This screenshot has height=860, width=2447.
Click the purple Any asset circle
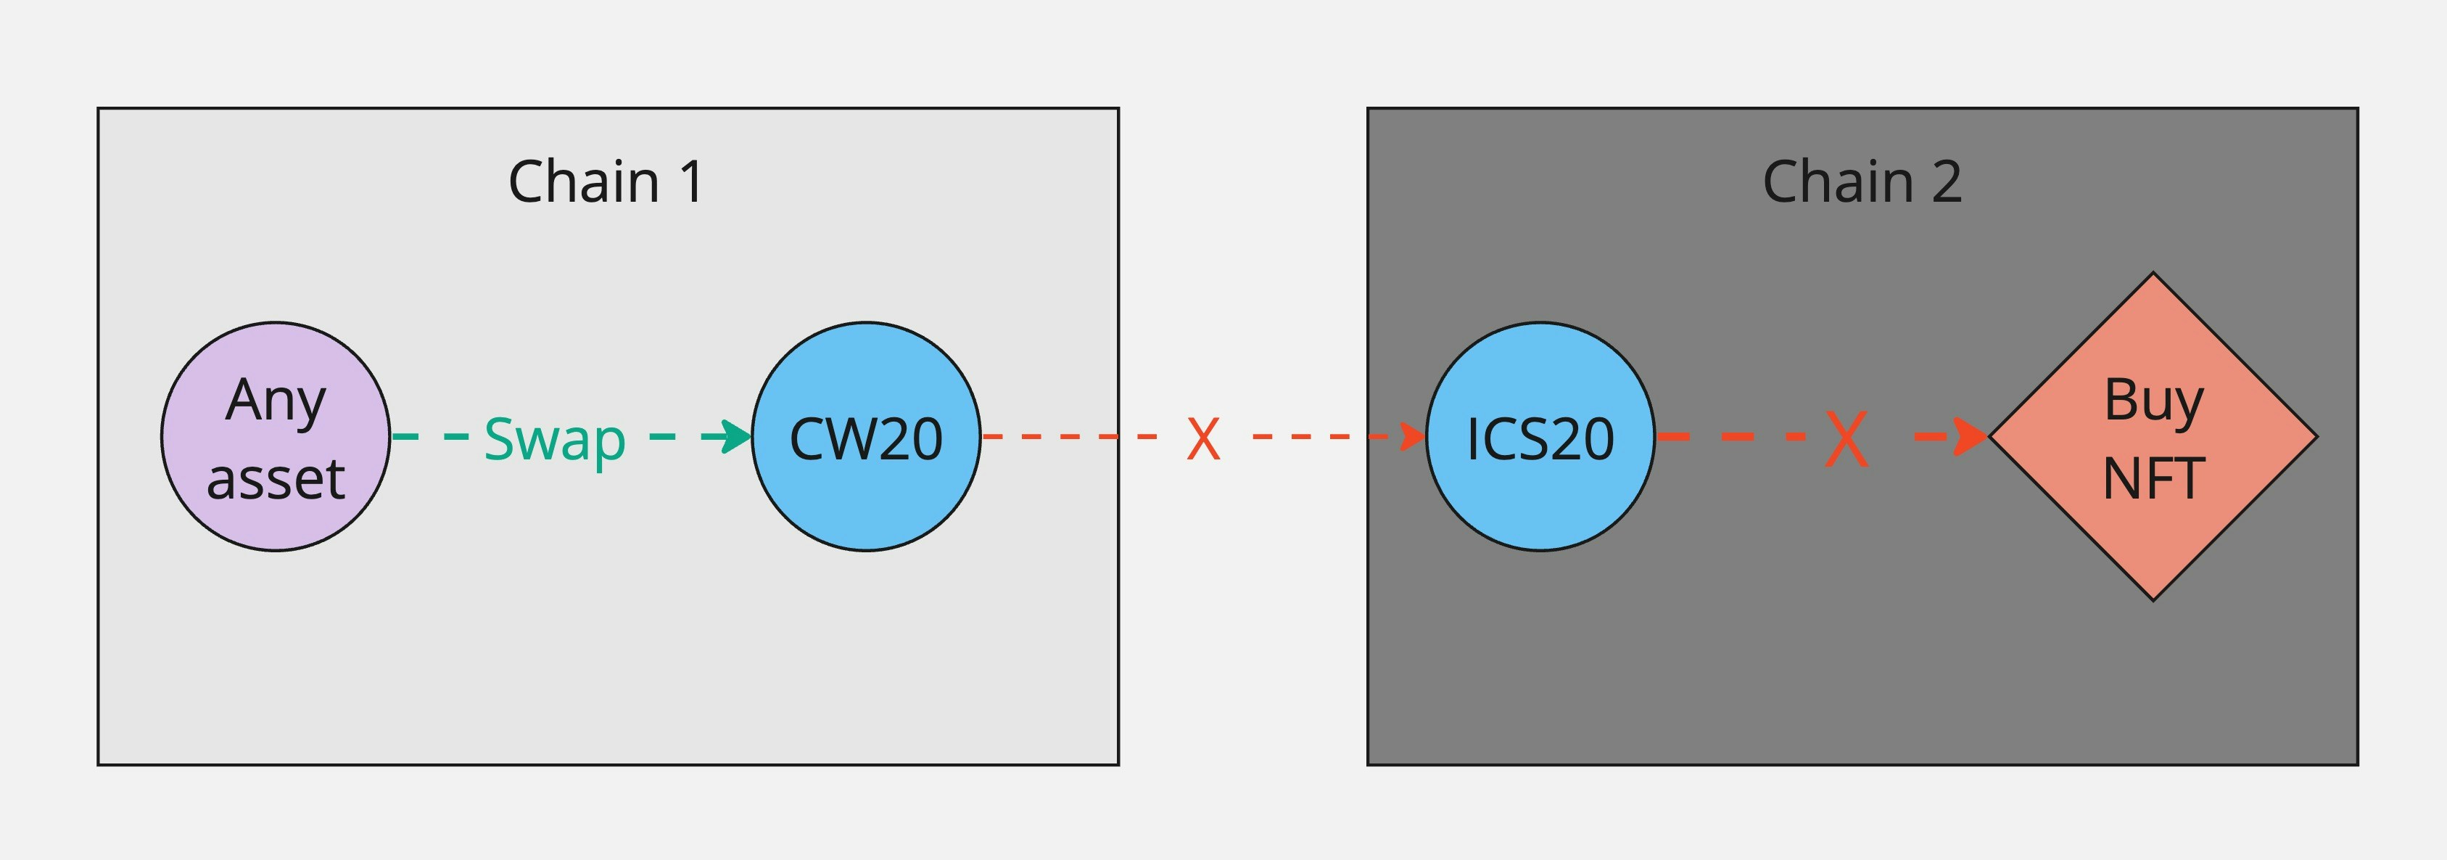point(276,436)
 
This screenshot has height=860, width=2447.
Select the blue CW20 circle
point(865,436)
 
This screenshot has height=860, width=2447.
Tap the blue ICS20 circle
point(1540,436)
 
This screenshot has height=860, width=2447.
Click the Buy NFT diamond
point(2153,436)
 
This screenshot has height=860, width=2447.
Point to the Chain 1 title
point(606,181)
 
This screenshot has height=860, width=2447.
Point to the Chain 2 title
point(1862,181)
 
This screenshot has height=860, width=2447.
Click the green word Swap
point(555,439)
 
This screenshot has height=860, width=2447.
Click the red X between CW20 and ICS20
point(1202,438)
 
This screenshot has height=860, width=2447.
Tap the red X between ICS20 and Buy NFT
point(1846,438)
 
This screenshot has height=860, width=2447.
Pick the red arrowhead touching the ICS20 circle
point(1413,436)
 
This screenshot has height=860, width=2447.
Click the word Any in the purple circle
point(276,399)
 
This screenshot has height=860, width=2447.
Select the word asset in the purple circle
point(276,478)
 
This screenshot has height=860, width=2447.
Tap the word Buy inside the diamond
point(2153,399)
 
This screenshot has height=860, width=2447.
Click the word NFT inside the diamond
point(2153,478)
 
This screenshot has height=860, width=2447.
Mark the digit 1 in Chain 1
point(692,181)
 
